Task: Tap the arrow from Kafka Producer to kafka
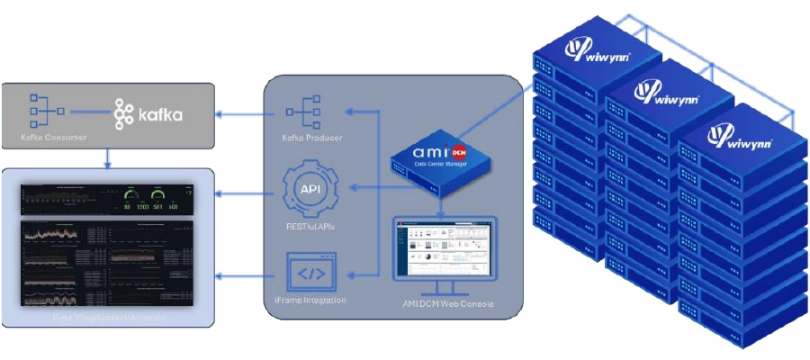242,113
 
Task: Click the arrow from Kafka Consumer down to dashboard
107,157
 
